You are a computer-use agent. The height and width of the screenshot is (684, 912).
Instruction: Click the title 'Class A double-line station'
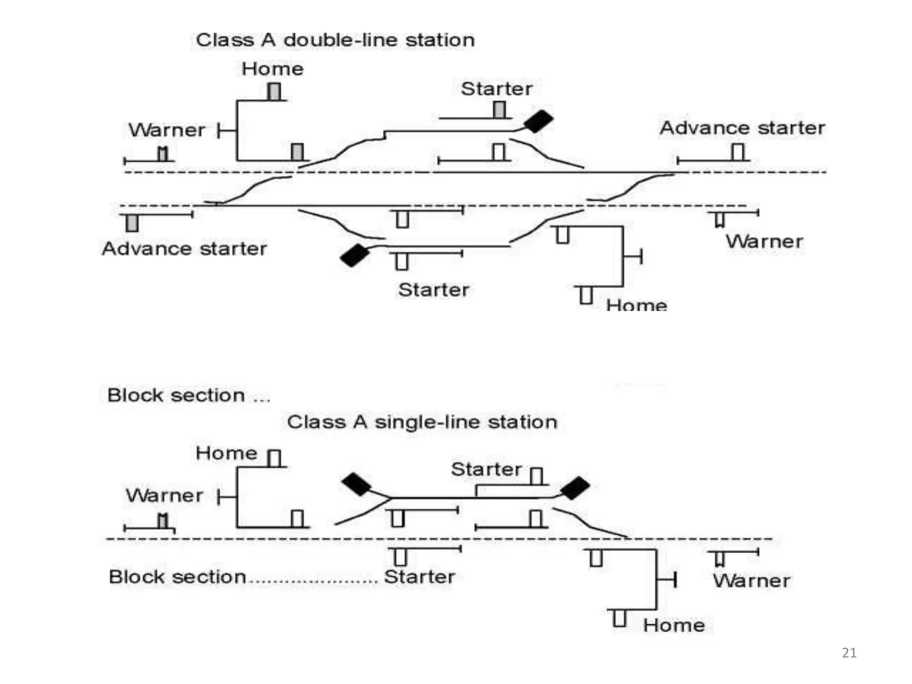tap(335, 40)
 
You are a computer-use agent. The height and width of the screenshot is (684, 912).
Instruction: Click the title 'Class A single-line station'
tap(422, 422)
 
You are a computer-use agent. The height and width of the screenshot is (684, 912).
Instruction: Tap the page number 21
tap(849, 653)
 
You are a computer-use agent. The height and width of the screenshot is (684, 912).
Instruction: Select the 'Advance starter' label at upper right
tap(742, 128)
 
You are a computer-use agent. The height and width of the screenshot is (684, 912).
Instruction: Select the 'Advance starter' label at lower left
tap(184, 248)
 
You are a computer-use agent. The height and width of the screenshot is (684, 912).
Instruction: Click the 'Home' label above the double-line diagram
tap(273, 69)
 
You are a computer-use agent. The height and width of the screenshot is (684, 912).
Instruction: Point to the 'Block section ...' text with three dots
tap(188, 395)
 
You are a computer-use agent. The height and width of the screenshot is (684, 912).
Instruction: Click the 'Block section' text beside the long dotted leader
tap(177, 577)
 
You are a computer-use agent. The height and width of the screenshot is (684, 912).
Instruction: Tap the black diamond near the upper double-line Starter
tap(538, 121)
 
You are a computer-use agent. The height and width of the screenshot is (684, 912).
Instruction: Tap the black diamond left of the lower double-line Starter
tap(354, 255)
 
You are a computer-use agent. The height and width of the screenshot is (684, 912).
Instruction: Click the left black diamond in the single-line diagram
tap(356, 484)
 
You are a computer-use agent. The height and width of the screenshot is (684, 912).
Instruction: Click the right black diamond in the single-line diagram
tap(575, 488)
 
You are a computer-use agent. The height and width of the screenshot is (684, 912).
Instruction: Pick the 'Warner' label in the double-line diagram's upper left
tap(167, 130)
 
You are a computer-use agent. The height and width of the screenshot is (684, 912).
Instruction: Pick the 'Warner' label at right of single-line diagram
tap(752, 581)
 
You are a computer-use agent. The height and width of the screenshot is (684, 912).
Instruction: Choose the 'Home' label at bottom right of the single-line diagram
tap(674, 625)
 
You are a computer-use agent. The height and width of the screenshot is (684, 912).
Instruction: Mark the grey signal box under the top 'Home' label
tap(274, 92)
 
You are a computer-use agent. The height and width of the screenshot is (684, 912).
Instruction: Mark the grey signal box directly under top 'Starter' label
tap(499, 110)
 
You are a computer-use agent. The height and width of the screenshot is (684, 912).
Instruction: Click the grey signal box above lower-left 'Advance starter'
tap(132, 223)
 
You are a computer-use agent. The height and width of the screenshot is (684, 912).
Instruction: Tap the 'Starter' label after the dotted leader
tap(419, 577)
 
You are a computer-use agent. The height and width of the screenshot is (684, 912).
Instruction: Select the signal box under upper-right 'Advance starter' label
tap(738, 152)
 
